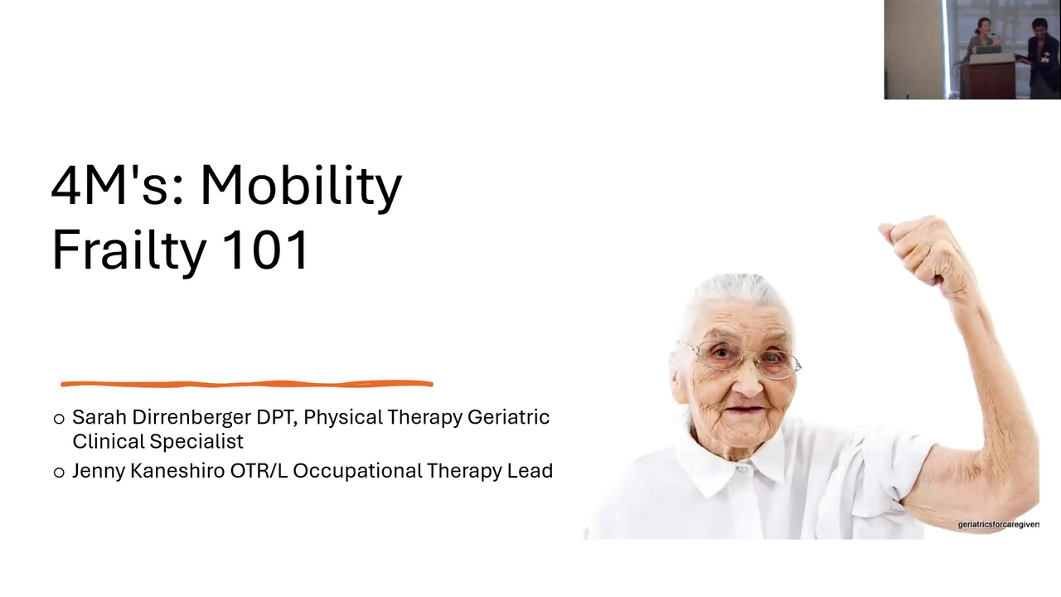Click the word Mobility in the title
pos(301,187)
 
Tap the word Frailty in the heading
pos(128,250)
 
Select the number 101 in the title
pos(265,249)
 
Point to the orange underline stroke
pos(247,384)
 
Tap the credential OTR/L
pos(259,471)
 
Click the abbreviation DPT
pos(277,417)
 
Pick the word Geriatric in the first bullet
pos(508,417)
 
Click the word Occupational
pos(357,472)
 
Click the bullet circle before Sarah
pos(59,419)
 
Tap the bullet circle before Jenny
pos(59,473)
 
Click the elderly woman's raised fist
pos(921,251)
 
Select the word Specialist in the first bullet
pos(196,442)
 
